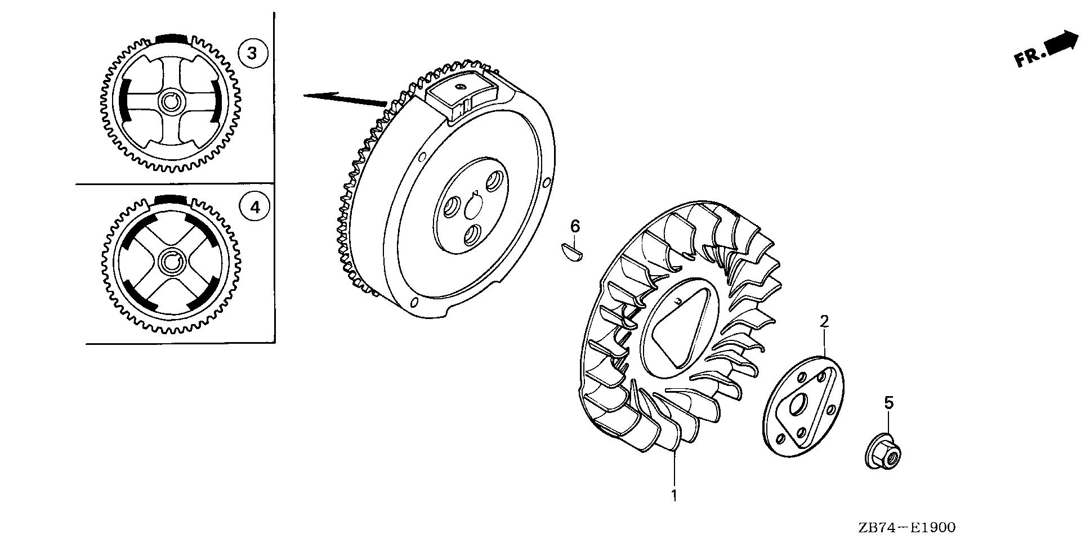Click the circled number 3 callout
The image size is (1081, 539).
coord(252,53)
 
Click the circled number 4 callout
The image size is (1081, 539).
coord(255,208)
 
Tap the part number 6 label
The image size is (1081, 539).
coord(575,226)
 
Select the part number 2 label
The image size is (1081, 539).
coord(824,321)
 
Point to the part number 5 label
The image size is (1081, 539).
coord(888,402)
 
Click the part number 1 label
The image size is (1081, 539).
coord(673,495)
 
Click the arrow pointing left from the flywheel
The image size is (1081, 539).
coord(343,98)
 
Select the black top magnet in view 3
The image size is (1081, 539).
coord(169,38)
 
